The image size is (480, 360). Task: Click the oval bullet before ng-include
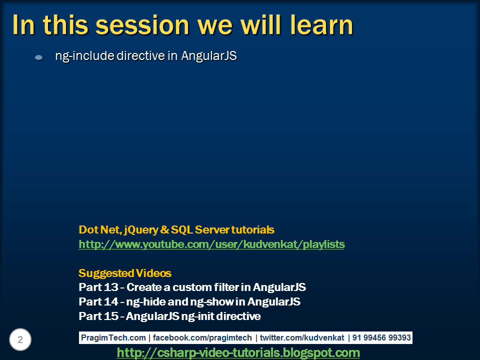38,58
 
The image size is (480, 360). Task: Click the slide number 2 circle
20,340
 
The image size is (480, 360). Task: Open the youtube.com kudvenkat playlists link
211,244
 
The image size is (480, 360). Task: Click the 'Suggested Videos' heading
125,273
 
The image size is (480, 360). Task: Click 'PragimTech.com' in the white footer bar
113,338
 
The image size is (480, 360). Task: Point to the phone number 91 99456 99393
381,338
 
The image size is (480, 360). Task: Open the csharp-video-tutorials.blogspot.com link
238,353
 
